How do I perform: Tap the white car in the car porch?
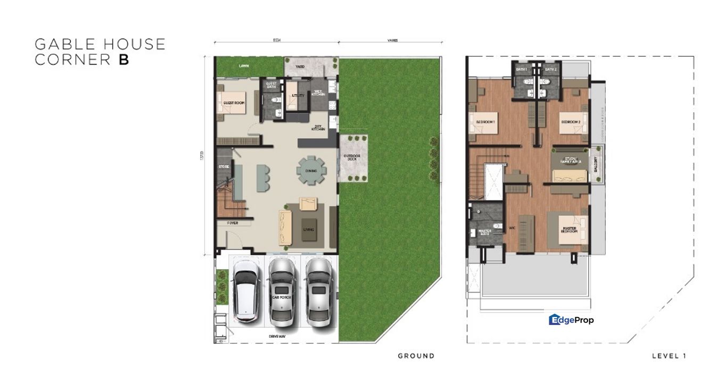[x=246, y=295]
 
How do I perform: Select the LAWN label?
[x=244, y=66]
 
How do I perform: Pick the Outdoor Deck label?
[x=351, y=158]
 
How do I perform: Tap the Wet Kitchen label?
[x=319, y=93]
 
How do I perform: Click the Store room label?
[x=223, y=166]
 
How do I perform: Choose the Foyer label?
[x=233, y=223]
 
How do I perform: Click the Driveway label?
[x=276, y=336]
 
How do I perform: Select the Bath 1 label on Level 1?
[x=521, y=69]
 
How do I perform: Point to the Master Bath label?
[x=484, y=232]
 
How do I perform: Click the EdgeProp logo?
[x=571, y=320]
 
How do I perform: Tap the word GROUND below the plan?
[x=416, y=356]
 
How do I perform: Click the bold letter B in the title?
[x=123, y=60]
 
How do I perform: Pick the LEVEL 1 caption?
[x=669, y=356]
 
